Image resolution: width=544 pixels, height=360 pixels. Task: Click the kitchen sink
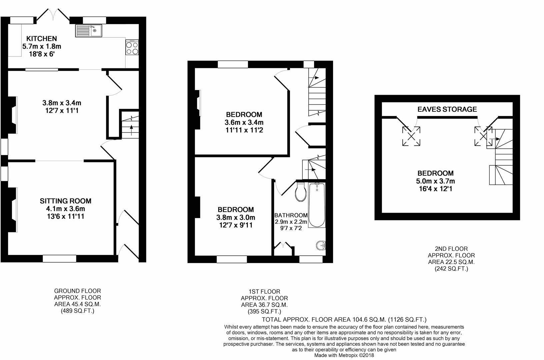pos(90,31)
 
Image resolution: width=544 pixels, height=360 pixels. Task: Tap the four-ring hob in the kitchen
pos(132,48)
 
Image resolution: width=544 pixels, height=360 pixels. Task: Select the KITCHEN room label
pos(42,38)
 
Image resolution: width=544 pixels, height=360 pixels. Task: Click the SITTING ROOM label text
pos(65,201)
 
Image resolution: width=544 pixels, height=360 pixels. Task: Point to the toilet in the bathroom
pos(301,193)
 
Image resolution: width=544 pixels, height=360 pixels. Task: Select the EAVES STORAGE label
pos(447,109)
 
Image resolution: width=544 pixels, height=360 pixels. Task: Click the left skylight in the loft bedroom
pos(411,136)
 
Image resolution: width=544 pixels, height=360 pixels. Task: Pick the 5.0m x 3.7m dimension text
pos(435,181)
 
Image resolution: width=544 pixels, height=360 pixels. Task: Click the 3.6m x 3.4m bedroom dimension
pos(244,122)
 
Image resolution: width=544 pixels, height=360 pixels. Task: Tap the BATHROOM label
pos(291,215)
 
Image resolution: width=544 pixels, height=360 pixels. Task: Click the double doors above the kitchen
pos(53,14)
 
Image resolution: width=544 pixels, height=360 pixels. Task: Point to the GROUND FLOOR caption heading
pos(77,291)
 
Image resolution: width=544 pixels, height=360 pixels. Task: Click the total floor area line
pos(344,319)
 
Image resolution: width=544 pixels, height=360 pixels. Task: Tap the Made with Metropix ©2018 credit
pos(344,355)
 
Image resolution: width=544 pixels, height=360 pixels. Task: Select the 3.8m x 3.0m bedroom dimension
pos(235,218)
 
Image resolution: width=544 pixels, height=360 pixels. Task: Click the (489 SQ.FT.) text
pos(77,311)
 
